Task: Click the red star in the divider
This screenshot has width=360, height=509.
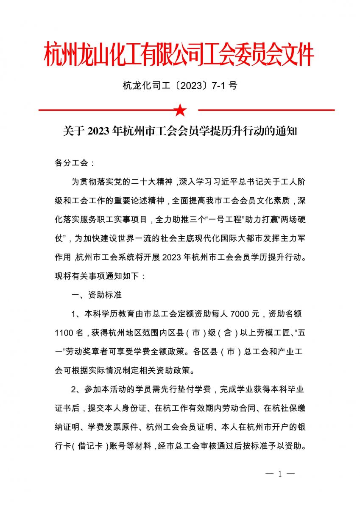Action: (180, 110)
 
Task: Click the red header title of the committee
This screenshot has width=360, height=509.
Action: (179, 54)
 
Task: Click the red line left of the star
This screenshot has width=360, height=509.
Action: (106, 110)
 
